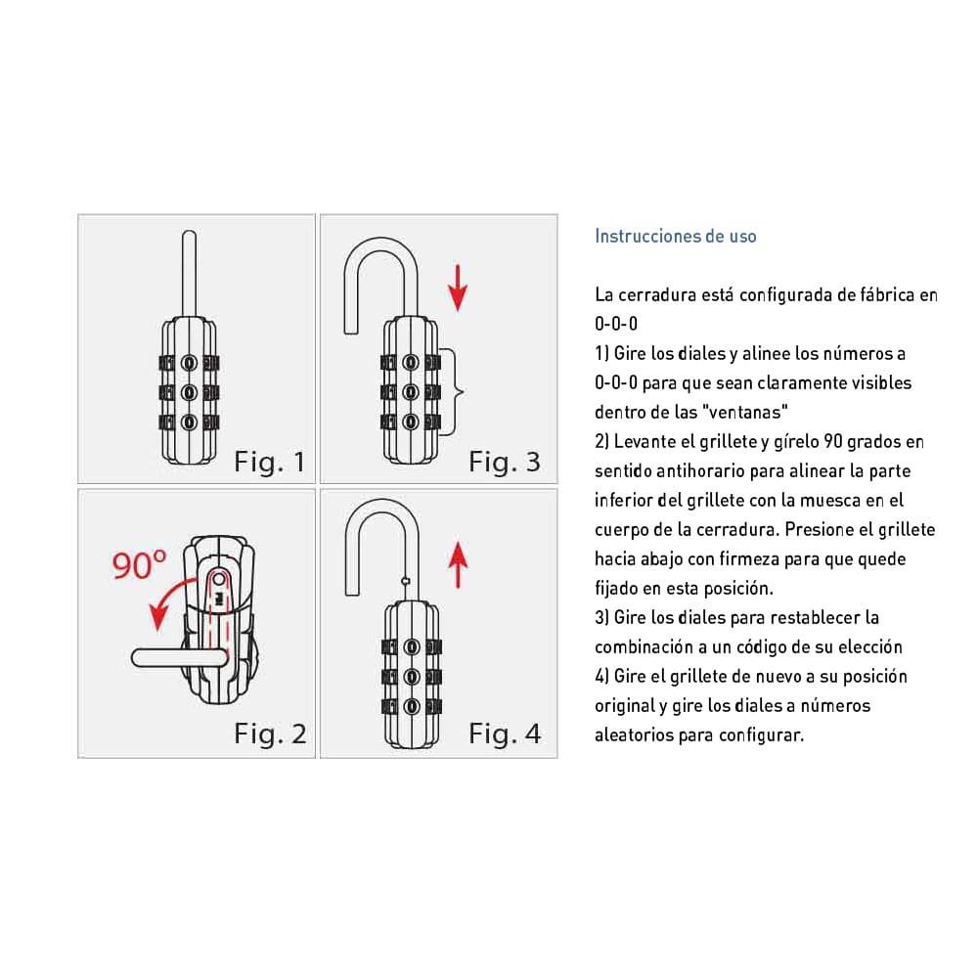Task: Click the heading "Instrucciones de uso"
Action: point(676,236)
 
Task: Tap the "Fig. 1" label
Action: point(270,463)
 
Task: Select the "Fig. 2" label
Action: point(270,733)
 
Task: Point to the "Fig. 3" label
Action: point(504,463)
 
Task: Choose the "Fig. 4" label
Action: point(505,733)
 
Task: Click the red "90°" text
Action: point(139,564)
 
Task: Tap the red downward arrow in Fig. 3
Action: point(458,288)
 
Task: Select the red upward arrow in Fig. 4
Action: point(458,565)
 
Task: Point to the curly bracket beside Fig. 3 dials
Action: point(454,392)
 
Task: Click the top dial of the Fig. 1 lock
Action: point(189,363)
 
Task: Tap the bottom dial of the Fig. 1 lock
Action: point(189,422)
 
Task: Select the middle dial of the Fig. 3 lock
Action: point(411,392)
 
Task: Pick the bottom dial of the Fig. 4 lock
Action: point(412,707)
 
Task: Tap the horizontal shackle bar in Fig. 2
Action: point(180,658)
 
